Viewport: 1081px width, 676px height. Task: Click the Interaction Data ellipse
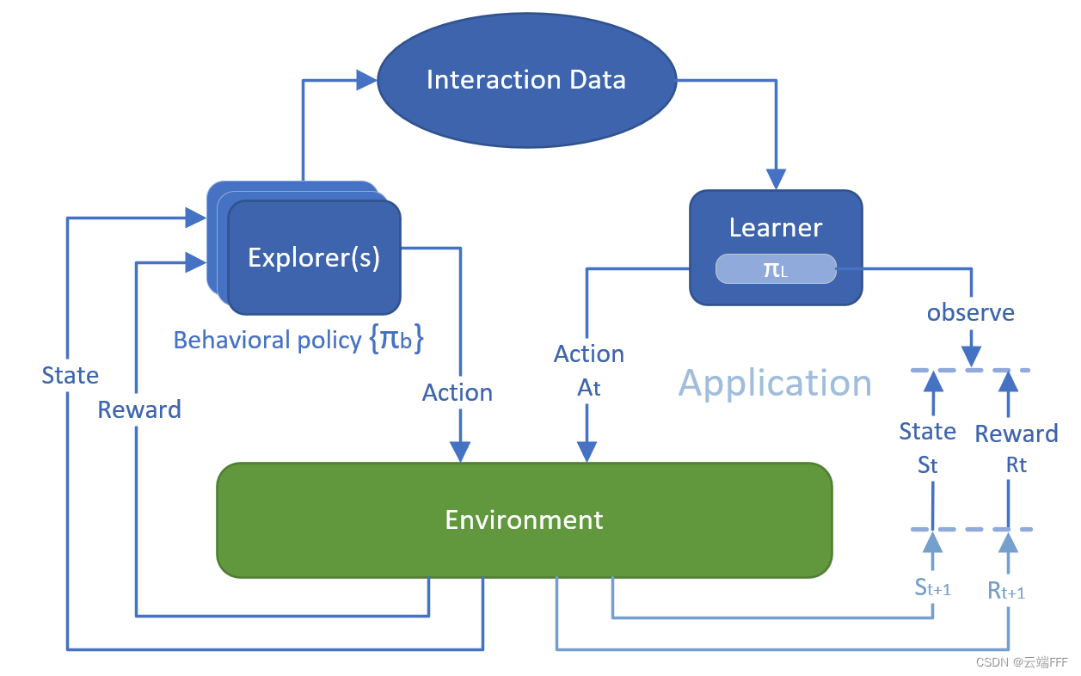[526, 81]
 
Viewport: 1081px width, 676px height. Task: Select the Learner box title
[775, 227]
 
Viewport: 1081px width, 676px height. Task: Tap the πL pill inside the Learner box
[775, 268]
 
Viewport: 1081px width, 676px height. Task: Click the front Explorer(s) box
[314, 257]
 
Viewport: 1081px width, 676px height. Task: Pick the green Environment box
[524, 519]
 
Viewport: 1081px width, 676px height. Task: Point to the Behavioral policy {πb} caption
[299, 340]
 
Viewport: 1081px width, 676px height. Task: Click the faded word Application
[775, 383]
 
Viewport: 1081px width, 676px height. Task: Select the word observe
[970, 312]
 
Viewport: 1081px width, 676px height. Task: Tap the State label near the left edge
[71, 375]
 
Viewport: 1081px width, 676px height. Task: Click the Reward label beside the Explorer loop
[139, 409]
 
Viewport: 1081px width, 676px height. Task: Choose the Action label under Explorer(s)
[457, 392]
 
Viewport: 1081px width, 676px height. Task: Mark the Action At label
[588, 371]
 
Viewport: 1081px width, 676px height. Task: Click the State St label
[927, 447]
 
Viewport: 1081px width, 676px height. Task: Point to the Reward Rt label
[1016, 448]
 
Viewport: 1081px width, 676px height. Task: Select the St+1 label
[932, 587]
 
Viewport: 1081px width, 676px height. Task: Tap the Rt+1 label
[1006, 591]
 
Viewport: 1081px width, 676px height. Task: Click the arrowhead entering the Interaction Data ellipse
[367, 81]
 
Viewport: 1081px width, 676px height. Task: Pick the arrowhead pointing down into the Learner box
[776, 179]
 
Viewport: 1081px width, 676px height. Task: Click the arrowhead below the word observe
[971, 356]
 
